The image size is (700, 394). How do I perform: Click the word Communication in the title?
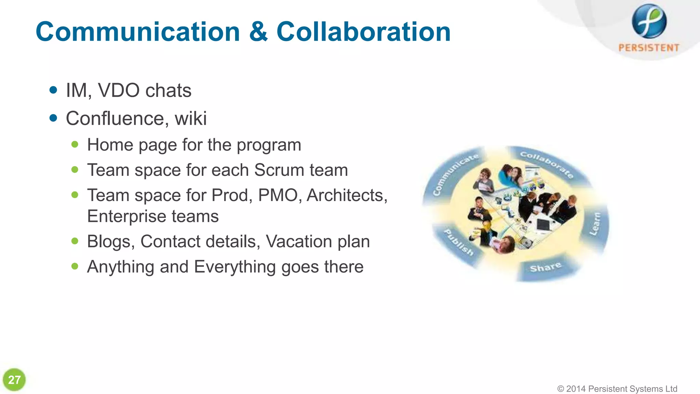[138, 32]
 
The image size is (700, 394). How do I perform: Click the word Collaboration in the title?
[363, 32]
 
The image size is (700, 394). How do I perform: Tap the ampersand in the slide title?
[258, 32]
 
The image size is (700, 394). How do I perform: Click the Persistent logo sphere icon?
[649, 21]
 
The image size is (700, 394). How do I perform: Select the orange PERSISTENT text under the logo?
[649, 48]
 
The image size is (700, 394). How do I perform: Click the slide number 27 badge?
[14, 380]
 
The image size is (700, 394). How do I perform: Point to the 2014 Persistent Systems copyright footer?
[617, 389]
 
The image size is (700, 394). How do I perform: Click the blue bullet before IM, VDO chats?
[53, 90]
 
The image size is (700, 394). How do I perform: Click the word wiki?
[191, 118]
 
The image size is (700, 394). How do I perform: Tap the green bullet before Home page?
[75, 144]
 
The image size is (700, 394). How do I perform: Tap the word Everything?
[235, 267]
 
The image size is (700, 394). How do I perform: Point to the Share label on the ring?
[546, 267]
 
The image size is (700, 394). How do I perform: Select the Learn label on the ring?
[595, 224]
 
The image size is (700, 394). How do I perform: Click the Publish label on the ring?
[459, 242]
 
